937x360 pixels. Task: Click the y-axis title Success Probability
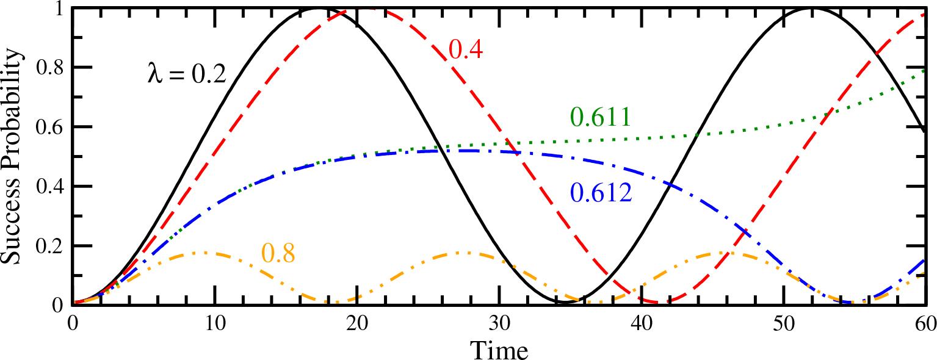[13, 157]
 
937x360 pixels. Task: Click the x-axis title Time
[499, 350]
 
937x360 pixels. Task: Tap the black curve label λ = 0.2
[187, 73]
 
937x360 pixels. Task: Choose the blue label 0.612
[601, 193]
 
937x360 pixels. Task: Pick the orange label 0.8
[278, 253]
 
